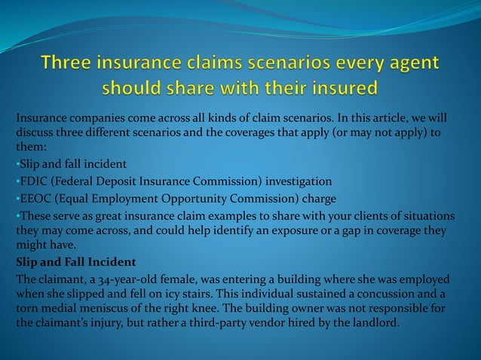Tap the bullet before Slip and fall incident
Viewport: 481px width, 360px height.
point(18,164)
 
